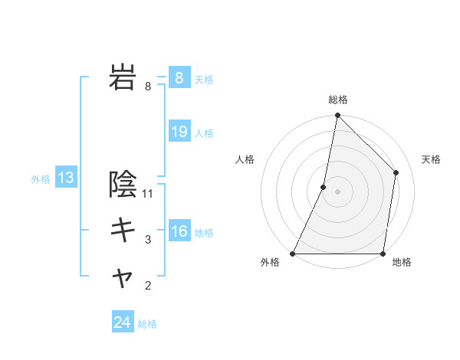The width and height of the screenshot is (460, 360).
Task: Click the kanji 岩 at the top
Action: point(123,78)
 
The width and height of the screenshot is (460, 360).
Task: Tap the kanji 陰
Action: point(123,185)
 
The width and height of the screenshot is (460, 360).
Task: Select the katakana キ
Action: point(123,229)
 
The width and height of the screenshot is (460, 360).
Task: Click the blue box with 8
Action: point(179,78)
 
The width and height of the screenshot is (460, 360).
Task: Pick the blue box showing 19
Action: point(179,132)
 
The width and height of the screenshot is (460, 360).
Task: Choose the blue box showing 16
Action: point(179,231)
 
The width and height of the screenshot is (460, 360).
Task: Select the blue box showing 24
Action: point(122,322)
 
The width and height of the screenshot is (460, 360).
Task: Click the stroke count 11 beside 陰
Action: point(149,194)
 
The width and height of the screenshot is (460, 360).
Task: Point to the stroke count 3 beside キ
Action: point(149,241)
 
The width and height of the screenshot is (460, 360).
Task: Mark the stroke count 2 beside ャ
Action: point(149,287)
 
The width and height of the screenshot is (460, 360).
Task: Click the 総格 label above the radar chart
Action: point(338,100)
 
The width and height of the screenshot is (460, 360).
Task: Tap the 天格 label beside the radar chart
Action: point(432,159)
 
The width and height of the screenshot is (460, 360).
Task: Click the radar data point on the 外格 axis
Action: point(293,254)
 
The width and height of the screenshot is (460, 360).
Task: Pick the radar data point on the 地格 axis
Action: point(383,254)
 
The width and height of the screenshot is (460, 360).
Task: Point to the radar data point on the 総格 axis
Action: point(338,116)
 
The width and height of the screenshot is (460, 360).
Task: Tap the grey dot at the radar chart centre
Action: point(338,191)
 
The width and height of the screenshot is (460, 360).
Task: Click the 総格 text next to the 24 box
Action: point(147,324)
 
